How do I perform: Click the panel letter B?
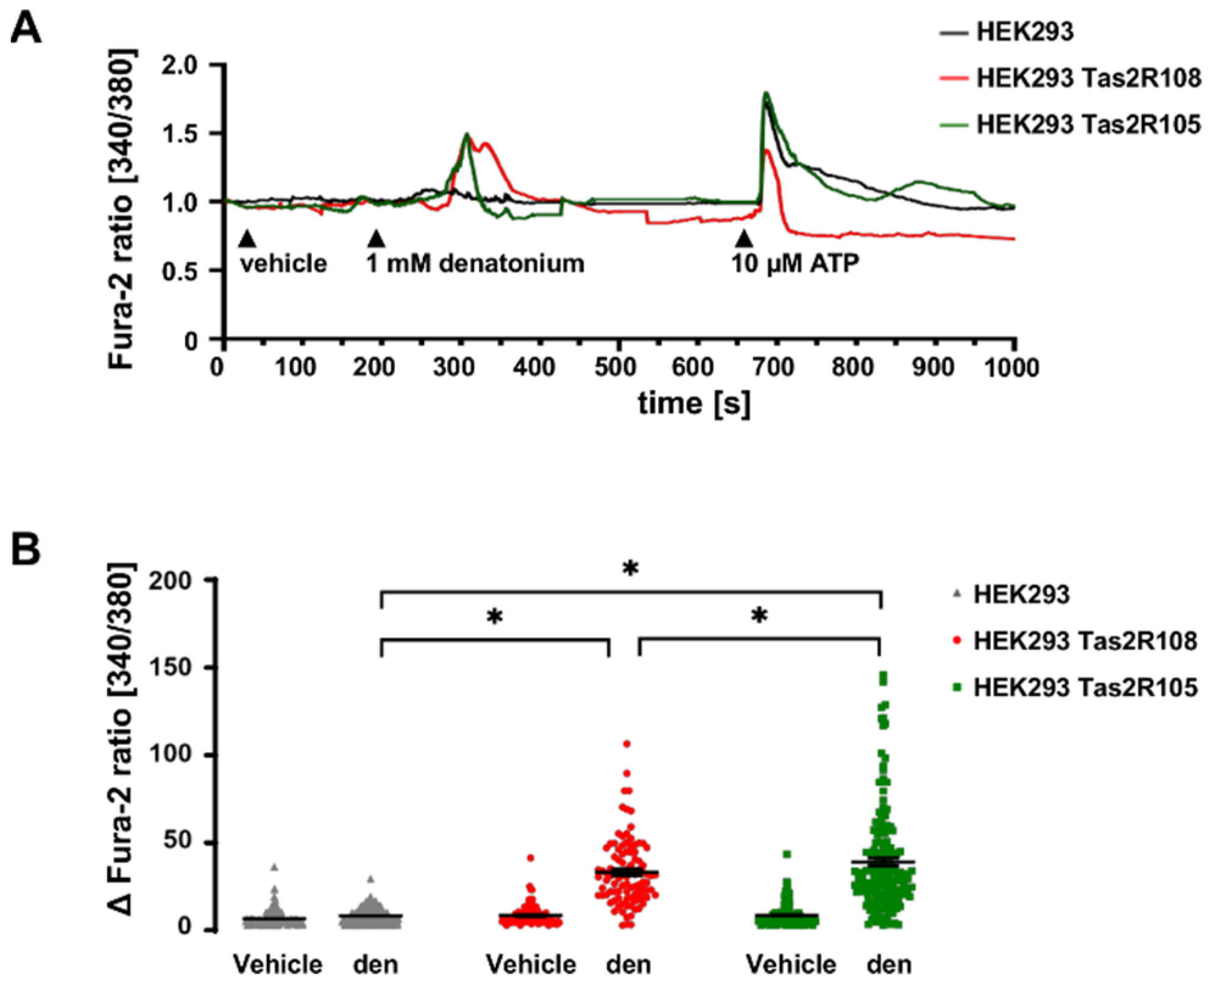point(26,549)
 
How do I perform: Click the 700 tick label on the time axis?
point(774,368)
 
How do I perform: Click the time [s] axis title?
point(694,403)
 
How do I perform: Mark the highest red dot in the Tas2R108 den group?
point(626,743)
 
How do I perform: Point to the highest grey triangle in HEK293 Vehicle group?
point(274,868)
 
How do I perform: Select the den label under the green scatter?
point(889,964)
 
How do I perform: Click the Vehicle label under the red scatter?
point(531,964)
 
